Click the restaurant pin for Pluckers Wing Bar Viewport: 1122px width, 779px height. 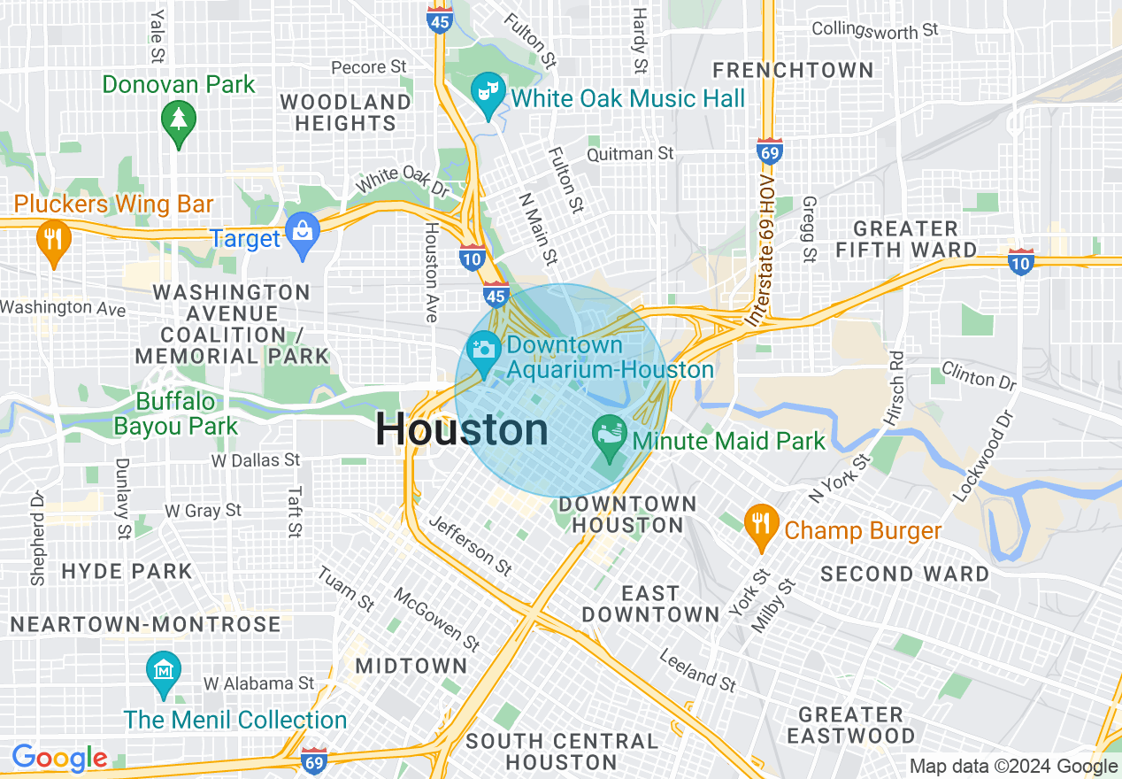(x=53, y=240)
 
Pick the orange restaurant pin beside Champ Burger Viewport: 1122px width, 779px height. (x=761, y=525)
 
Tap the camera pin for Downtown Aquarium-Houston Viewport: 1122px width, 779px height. (x=483, y=351)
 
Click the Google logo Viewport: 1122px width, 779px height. (x=59, y=758)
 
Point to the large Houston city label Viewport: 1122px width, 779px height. (x=462, y=430)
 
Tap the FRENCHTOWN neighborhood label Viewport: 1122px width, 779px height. (x=793, y=70)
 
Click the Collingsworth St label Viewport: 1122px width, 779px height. (x=874, y=29)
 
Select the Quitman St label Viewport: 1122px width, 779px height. (x=631, y=154)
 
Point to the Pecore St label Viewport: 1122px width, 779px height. (x=368, y=67)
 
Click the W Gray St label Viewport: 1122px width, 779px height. (x=203, y=511)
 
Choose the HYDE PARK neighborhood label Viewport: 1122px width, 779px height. (x=127, y=571)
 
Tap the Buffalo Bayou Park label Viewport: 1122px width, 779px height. (x=175, y=413)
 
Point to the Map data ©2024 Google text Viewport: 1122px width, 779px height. (x=1014, y=767)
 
